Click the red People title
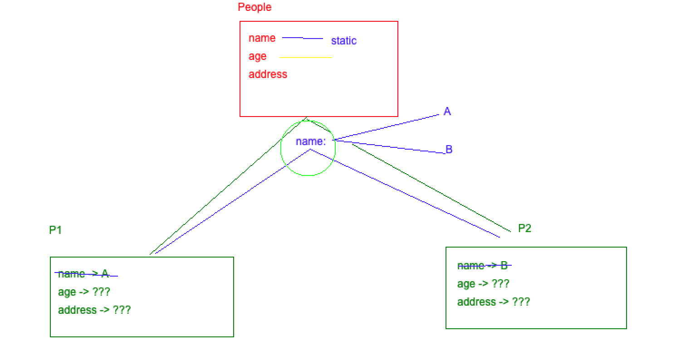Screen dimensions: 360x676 coord(255,7)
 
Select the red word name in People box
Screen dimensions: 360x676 coord(262,38)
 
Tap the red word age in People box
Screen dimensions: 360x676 coord(257,56)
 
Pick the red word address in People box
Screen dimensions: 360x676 coord(268,74)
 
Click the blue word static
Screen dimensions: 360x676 coord(343,41)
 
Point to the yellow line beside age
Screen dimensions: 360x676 coord(305,58)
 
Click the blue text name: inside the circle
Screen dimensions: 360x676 coord(310,141)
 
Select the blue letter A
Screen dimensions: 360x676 coord(447,112)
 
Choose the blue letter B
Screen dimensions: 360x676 coord(449,149)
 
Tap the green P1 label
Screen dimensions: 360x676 coord(55,230)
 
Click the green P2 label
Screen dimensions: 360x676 coord(524,228)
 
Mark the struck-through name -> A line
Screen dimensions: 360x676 coord(84,274)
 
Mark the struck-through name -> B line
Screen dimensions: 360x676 coord(482,266)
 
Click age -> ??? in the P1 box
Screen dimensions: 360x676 coord(84,292)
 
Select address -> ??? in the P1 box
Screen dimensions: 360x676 coord(94,310)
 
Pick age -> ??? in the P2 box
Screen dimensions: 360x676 coord(483,284)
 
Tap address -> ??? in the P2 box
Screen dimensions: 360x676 coord(493,302)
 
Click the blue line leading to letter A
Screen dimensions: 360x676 coord(388,127)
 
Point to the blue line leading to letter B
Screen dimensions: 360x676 coord(390,147)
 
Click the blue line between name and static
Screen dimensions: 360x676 coord(302,39)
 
